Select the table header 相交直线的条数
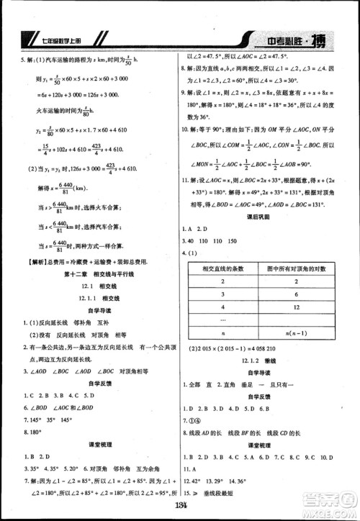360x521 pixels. (x=224, y=268)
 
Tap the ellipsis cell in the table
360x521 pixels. (x=224, y=319)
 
